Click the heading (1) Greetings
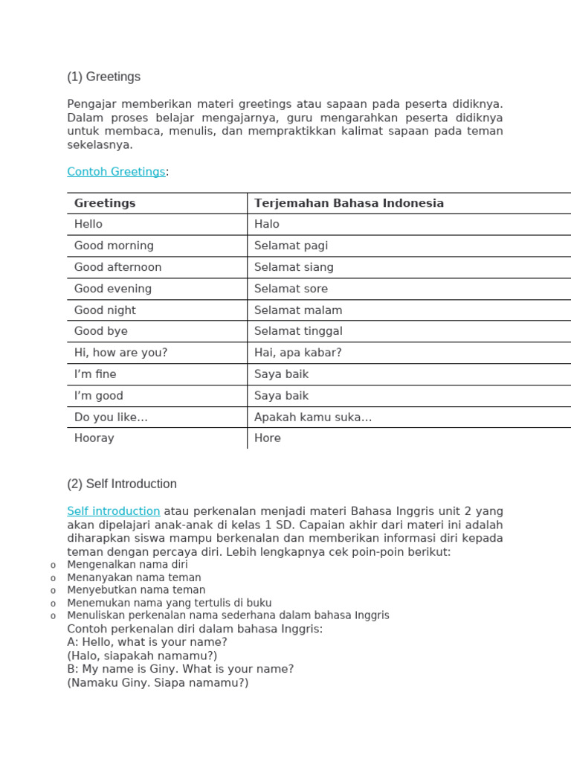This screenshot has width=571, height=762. pos(103,77)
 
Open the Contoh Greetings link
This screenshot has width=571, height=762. pos(116,172)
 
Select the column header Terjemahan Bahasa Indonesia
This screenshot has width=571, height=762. pos(349,203)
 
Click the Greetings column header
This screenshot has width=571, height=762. pos(105,203)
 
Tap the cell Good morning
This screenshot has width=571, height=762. pos(114,246)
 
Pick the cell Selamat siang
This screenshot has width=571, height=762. pos(294,267)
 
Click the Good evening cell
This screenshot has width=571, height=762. pos(113,289)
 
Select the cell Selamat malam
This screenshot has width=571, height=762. pos(298,310)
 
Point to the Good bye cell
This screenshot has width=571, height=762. pos(101,331)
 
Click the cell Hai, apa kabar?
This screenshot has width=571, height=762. pos(297,353)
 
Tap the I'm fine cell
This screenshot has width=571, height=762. pos(95,374)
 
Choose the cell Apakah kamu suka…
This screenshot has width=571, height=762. pos(312,417)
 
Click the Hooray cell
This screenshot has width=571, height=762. pos(94,438)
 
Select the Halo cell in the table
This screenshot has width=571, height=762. pos(267,224)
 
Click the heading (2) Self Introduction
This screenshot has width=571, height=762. pos(122,484)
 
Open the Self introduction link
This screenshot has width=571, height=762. pos(114,511)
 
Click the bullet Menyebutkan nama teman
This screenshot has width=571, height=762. pos(136,590)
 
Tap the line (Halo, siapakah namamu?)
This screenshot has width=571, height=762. pos(142,656)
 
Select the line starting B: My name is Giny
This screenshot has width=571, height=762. pos(180,669)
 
